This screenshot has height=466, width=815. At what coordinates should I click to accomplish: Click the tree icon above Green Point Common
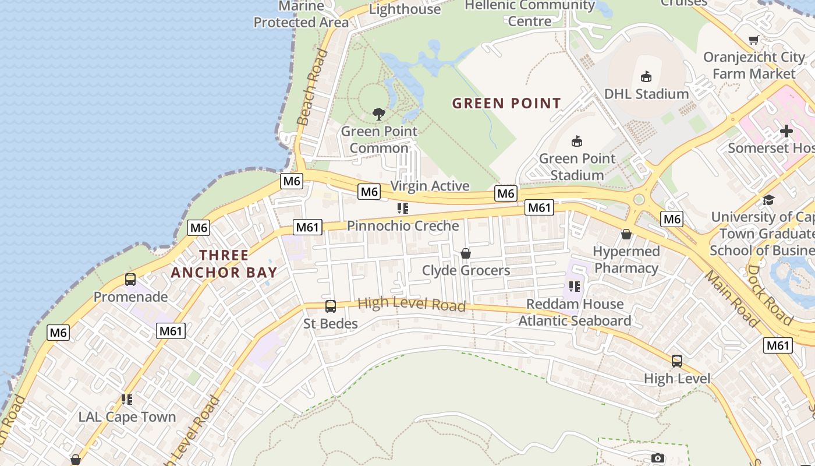(379, 114)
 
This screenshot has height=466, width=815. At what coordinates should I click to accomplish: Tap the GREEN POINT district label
(506, 104)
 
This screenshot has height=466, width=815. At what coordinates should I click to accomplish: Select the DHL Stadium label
(646, 94)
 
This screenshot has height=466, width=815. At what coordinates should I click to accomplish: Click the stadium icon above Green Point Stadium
(577, 141)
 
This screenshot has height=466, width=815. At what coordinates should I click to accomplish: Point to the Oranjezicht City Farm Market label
(754, 65)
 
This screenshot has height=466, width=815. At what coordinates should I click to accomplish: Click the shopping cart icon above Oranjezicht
(754, 40)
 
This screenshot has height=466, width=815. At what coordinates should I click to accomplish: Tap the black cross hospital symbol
(786, 131)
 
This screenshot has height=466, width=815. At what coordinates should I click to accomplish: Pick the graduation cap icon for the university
(768, 200)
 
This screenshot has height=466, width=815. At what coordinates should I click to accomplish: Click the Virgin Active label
(430, 186)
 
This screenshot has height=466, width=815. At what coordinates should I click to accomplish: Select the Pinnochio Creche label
(403, 225)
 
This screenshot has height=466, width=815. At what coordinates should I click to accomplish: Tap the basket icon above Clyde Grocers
(466, 253)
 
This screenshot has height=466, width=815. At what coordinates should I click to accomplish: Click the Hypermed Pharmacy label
(626, 260)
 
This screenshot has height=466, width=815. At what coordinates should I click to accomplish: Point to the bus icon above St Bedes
(331, 306)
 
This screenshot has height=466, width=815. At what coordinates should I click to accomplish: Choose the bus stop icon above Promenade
(130, 280)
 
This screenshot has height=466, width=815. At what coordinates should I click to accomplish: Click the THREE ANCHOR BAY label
(224, 264)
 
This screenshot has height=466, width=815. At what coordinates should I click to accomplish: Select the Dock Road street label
(769, 295)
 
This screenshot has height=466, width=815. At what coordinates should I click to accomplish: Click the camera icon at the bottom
(658, 458)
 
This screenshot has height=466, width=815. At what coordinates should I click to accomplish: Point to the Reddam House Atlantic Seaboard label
(575, 312)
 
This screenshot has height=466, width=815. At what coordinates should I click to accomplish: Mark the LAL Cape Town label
(127, 417)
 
